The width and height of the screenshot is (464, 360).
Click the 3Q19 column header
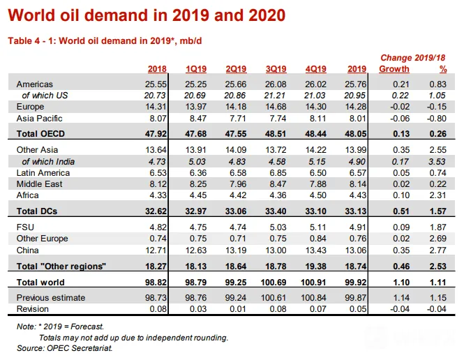(x=276, y=69)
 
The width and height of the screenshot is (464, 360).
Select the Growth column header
(x=394, y=69)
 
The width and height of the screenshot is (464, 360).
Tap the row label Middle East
(x=39, y=184)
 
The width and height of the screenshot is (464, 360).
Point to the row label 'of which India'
(x=48, y=162)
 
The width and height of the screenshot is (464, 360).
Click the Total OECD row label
(x=40, y=134)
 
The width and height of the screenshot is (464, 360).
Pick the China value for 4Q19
(x=315, y=250)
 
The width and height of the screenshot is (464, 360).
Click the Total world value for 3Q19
(x=274, y=282)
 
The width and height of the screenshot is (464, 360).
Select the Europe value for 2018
(x=156, y=107)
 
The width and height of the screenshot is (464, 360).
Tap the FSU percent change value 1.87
(x=437, y=227)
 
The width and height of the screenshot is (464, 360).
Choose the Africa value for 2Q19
(x=238, y=195)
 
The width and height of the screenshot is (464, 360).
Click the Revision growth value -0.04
(x=400, y=309)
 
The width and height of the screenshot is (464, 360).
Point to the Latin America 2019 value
(x=358, y=173)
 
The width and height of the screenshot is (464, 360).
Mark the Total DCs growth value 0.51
(x=401, y=211)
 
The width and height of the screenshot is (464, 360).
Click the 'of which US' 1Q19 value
(x=195, y=96)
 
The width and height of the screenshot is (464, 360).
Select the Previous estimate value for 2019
(x=356, y=298)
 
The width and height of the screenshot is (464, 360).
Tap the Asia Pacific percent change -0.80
(x=437, y=119)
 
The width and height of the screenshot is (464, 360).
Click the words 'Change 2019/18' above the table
(x=413, y=58)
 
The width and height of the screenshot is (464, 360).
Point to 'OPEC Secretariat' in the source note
(x=80, y=348)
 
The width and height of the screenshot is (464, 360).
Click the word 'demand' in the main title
(x=117, y=15)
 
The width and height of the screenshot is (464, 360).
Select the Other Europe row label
(x=43, y=239)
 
